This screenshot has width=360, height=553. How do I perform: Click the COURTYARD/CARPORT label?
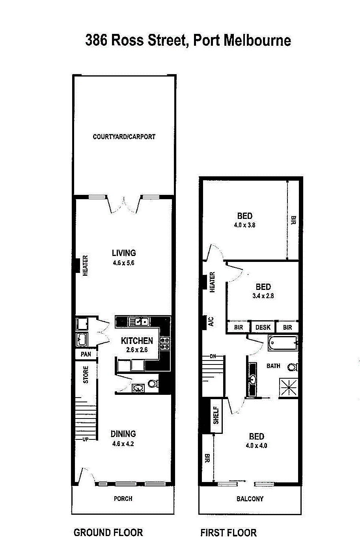point(124,137)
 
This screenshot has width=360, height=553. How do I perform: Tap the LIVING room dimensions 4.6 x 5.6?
point(124,263)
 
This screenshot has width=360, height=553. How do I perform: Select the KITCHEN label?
point(137,340)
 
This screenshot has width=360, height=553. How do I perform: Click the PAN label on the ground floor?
point(86,354)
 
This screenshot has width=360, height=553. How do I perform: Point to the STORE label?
point(86,374)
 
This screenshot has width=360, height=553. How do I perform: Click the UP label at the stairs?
point(86,439)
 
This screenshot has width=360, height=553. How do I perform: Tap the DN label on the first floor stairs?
point(213,357)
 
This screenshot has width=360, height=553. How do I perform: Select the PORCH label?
point(123,499)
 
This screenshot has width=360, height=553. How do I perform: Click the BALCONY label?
point(250,499)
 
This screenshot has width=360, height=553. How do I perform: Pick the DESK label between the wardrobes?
point(263,327)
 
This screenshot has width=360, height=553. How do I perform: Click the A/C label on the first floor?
point(211,321)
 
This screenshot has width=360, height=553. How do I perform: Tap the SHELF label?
point(216,415)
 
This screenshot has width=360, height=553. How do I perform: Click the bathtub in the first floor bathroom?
point(283,343)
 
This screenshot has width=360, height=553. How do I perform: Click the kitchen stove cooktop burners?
point(165,344)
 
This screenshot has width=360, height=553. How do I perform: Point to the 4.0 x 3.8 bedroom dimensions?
point(245,225)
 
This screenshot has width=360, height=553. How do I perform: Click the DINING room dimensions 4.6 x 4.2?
point(123,444)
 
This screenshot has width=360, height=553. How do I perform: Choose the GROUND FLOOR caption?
point(108,533)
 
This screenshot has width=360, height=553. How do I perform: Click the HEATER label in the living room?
point(86,265)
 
